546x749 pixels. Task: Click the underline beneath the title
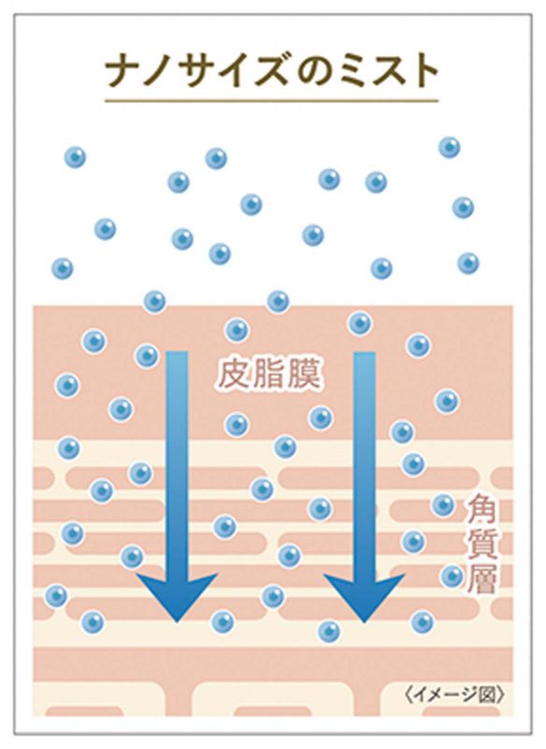tap(271, 101)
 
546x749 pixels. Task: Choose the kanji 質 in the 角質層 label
tap(482, 545)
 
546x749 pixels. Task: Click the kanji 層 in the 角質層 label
tap(482, 578)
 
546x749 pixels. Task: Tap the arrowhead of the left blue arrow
tap(177, 597)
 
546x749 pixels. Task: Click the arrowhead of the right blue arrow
tap(365, 597)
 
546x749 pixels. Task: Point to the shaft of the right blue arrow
tap(365, 463)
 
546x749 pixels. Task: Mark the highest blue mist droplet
tap(449, 147)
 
